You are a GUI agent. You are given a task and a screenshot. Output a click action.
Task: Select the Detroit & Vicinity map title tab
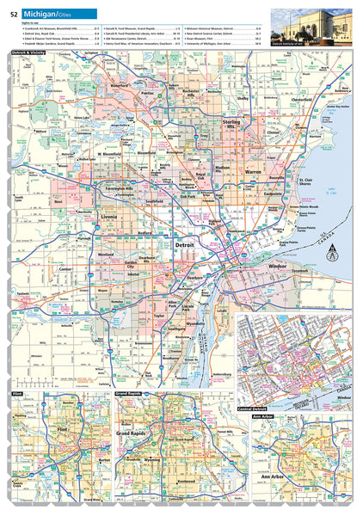point(28,53)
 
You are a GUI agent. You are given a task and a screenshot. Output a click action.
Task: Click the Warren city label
point(253,171)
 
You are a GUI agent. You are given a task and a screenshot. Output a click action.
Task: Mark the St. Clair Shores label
point(311,181)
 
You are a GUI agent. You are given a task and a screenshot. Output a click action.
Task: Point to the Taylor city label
point(158,316)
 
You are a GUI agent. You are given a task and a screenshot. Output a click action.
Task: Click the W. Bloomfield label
point(113,155)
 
